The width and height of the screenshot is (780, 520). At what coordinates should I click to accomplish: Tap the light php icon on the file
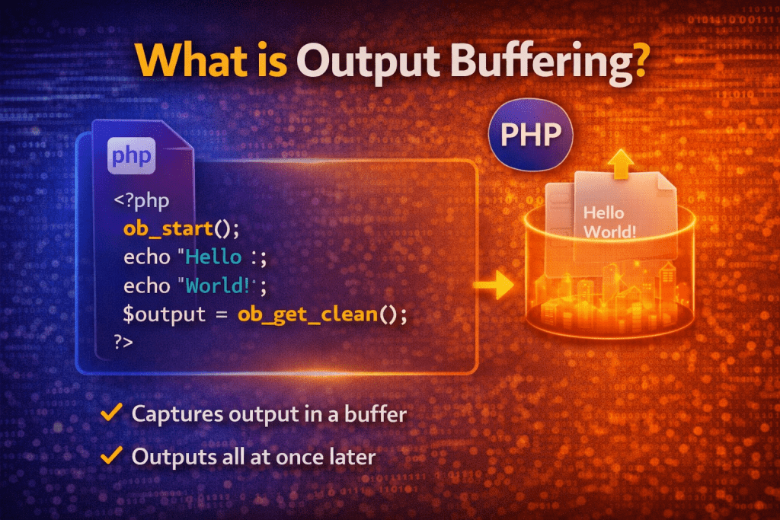(131, 157)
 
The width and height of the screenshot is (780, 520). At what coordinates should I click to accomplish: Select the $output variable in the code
(161, 313)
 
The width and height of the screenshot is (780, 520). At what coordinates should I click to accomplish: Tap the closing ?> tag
(123, 342)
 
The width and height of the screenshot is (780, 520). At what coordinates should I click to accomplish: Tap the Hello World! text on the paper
(609, 222)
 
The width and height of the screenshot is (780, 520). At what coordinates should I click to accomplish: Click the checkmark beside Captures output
(112, 413)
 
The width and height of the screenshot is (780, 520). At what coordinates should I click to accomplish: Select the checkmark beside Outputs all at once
(112, 456)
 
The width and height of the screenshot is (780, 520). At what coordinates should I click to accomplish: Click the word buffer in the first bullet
(378, 414)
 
